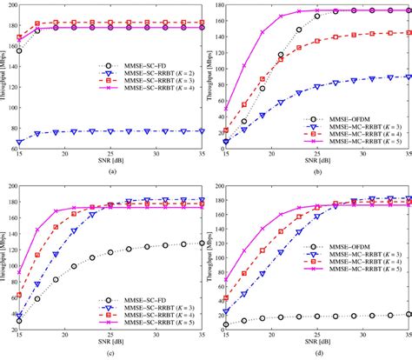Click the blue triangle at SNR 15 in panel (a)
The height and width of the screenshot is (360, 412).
coord(19,141)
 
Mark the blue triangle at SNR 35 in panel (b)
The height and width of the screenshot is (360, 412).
coord(409,77)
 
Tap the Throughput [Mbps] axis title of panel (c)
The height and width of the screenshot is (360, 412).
coord(3,261)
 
